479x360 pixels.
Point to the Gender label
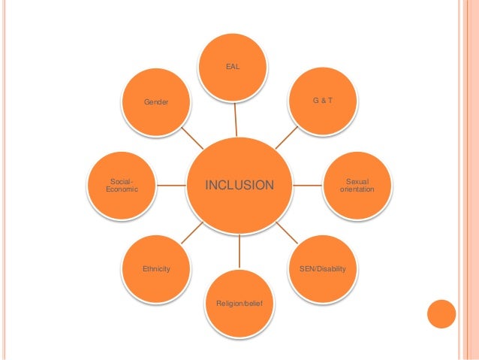click(157, 100)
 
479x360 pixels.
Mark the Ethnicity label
click(156, 268)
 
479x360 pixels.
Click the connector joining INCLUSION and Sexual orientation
click(308, 183)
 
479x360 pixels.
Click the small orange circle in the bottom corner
click(441, 315)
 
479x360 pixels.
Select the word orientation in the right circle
click(357, 189)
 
